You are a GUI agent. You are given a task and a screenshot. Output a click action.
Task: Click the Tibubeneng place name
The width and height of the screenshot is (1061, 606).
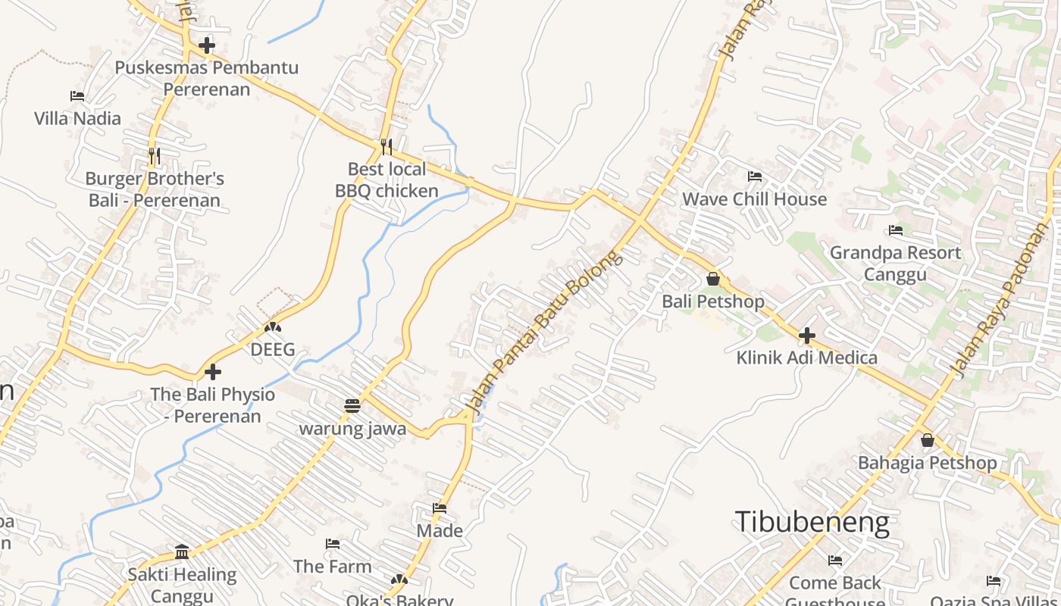click(812, 522)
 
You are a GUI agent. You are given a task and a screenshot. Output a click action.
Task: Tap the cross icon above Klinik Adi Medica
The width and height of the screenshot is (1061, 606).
click(807, 335)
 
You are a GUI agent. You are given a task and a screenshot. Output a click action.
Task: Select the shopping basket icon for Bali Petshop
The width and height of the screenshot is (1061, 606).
click(712, 279)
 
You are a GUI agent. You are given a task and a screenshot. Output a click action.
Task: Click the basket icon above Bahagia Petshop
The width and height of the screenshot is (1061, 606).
click(927, 440)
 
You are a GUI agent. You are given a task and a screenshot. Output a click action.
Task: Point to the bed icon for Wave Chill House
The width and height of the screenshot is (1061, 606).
click(754, 176)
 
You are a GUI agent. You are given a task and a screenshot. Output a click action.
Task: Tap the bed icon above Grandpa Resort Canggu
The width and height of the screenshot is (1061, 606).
click(896, 230)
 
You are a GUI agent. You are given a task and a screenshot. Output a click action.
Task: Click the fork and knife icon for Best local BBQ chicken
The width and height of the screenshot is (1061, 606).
click(386, 145)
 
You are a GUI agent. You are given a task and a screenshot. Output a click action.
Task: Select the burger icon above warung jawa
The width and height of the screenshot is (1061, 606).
click(352, 406)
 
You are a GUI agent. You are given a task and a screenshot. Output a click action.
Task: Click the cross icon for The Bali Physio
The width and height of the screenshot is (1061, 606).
click(213, 372)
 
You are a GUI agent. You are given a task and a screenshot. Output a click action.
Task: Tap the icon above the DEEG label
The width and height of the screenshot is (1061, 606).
click(272, 327)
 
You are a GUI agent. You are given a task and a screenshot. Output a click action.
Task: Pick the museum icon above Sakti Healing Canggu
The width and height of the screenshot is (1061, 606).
click(182, 551)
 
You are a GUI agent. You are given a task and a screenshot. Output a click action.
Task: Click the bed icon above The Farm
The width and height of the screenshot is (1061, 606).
click(332, 544)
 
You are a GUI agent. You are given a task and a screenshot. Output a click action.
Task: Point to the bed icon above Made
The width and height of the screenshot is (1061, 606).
click(440, 508)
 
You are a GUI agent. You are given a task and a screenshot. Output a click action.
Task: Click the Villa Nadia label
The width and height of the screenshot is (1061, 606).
click(77, 118)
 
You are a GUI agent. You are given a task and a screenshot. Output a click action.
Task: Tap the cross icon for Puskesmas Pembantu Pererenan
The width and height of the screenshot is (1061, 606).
click(206, 45)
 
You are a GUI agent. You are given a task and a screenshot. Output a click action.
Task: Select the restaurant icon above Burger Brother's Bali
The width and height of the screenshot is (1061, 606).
click(155, 156)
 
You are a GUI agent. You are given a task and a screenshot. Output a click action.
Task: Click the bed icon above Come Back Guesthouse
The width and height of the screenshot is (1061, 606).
click(834, 561)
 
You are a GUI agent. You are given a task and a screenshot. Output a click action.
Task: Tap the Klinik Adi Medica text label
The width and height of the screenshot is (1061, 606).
click(806, 358)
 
